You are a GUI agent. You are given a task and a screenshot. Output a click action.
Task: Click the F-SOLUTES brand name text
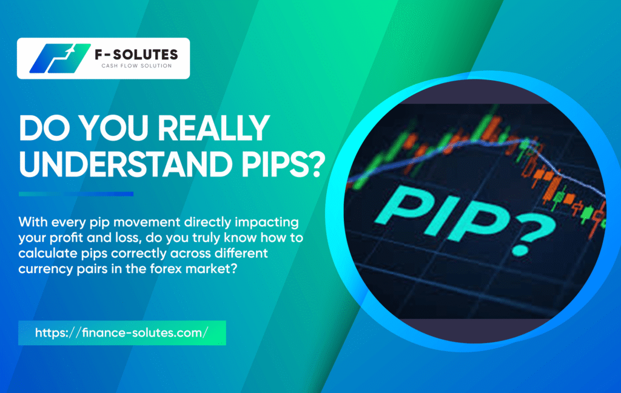click(136, 54)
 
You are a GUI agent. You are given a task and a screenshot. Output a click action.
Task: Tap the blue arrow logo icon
click(60, 58)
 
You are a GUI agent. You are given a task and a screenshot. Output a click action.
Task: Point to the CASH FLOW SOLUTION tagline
click(136, 65)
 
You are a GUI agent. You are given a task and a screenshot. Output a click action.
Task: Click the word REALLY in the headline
click(214, 128)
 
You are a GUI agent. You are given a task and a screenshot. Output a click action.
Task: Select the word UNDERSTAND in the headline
click(126, 164)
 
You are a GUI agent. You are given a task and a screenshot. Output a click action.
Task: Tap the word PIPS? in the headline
click(284, 164)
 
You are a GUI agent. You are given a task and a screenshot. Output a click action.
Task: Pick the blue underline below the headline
click(76, 194)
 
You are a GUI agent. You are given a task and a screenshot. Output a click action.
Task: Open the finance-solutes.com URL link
click(121, 332)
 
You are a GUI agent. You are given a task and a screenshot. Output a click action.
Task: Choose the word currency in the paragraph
click(45, 270)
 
